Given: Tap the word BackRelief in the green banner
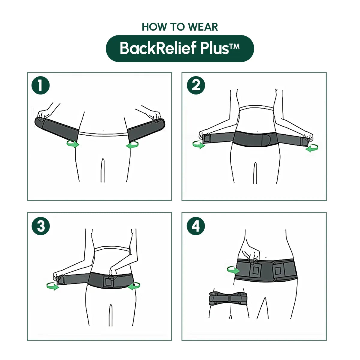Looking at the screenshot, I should (158, 48).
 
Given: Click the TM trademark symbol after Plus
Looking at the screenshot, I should (234, 46).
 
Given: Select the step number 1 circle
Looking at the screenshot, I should (40, 85).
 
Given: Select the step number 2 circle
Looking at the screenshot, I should (196, 85).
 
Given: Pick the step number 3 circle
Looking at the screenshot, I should (40, 226).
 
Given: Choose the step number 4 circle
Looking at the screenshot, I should (196, 226).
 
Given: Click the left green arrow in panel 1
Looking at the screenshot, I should (73, 144).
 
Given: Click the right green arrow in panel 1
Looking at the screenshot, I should (132, 145).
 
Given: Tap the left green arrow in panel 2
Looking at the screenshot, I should (198, 145).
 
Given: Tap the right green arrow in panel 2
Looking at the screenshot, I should (312, 148).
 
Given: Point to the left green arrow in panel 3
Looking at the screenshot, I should (53, 286).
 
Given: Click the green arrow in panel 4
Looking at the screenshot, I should (233, 270).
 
